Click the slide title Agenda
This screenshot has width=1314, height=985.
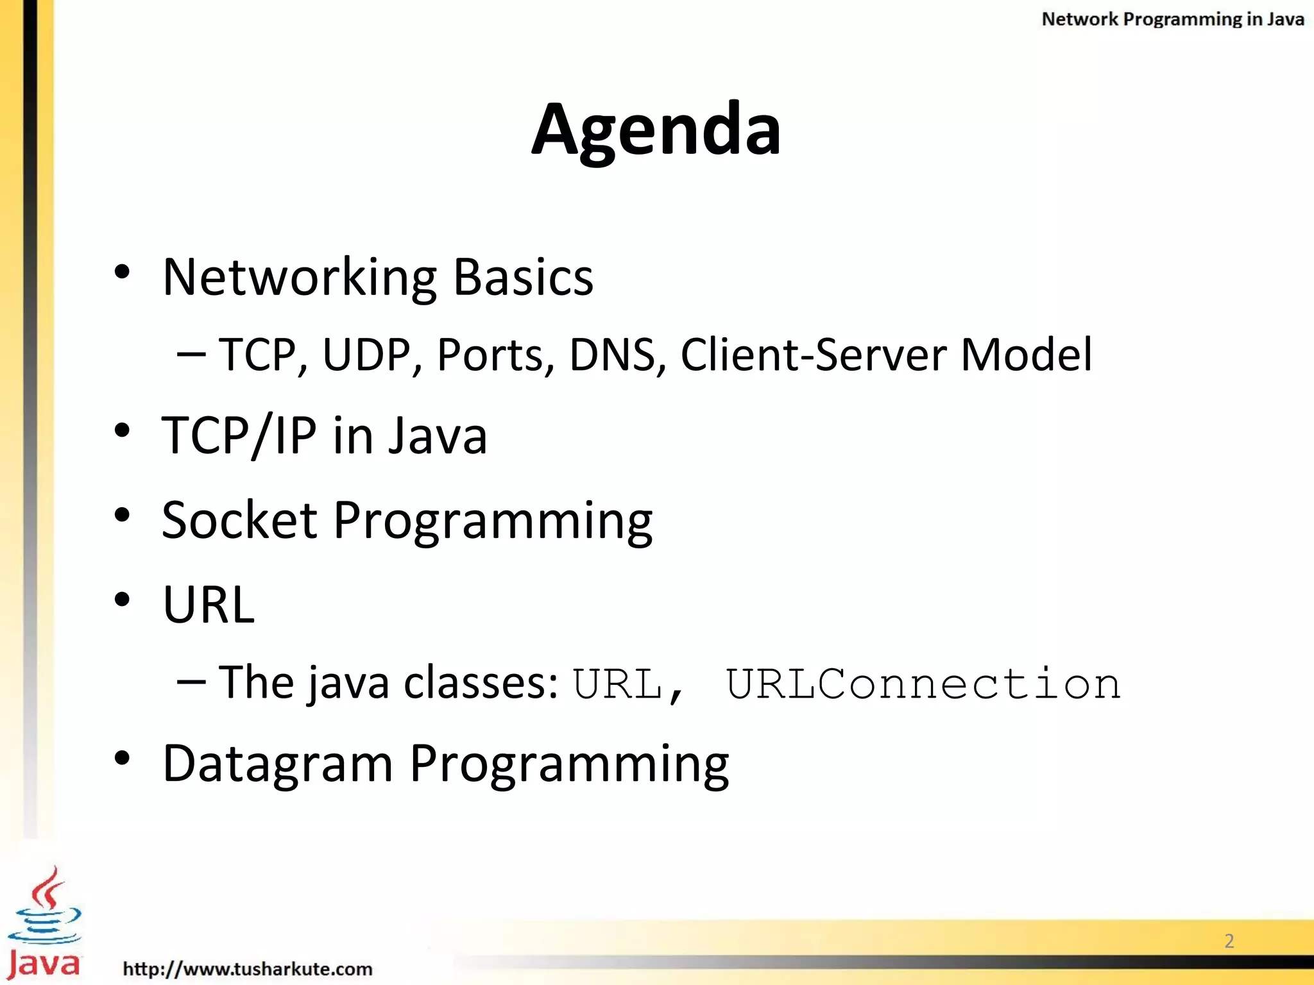tap(656, 130)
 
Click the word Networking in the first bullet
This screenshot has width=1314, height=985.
tap(299, 278)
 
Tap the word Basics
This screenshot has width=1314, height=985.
tap(523, 278)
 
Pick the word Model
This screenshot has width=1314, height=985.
tap(1026, 355)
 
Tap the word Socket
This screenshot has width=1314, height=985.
tap(239, 520)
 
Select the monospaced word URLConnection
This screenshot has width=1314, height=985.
tap(923, 684)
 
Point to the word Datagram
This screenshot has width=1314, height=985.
tap(277, 764)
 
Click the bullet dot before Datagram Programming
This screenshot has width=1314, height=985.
tap(122, 759)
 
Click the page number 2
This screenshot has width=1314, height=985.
tap(1229, 941)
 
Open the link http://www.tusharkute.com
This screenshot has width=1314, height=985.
tap(248, 968)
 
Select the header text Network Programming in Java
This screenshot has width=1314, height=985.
tap(1172, 19)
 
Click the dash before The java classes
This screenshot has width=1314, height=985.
tap(191, 682)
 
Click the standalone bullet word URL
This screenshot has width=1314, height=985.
tap(209, 605)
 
